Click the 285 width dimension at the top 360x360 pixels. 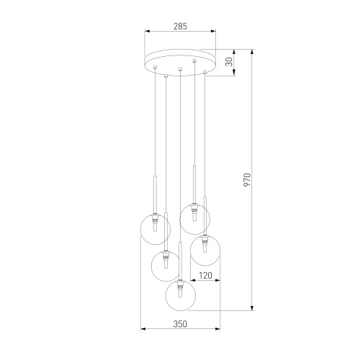coord(180,27)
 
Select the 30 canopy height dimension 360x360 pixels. coord(229,62)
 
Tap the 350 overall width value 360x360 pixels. coord(180,324)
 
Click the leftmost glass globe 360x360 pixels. coord(155,229)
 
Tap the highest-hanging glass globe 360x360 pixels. coord(195,218)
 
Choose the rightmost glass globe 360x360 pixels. coord(205,252)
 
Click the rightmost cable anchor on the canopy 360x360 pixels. coord(205,72)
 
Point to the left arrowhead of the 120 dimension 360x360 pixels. coord(192,282)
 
